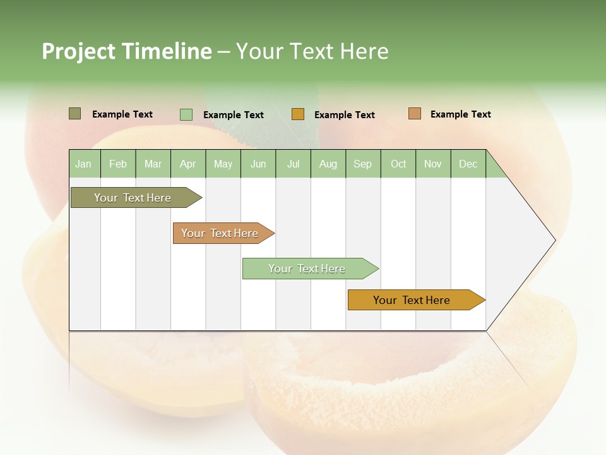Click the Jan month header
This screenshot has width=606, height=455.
pyautogui.click(x=83, y=164)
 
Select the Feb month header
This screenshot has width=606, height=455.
pyautogui.click(x=118, y=164)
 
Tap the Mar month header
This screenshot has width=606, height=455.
pyautogui.click(x=153, y=164)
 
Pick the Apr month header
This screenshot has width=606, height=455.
pyautogui.click(x=188, y=164)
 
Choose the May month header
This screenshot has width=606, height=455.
pyautogui.click(x=223, y=164)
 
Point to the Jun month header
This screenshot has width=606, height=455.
pyautogui.click(x=258, y=164)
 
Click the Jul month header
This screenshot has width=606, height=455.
pyautogui.click(x=293, y=164)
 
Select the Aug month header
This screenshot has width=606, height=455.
pyautogui.click(x=328, y=164)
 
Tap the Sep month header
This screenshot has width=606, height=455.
pyautogui.click(x=363, y=164)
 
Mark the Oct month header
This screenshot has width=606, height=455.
pyautogui.click(x=398, y=164)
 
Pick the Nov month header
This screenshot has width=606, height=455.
pyautogui.click(x=433, y=164)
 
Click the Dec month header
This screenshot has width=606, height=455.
pyautogui.click(x=468, y=164)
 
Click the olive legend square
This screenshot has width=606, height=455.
pyautogui.click(x=74, y=114)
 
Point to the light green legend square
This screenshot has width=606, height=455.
pyautogui.click(x=186, y=114)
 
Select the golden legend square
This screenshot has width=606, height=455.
pyautogui.click(x=298, y=114)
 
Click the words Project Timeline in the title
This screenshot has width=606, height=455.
pyautogui.click(x=126, y=51)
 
